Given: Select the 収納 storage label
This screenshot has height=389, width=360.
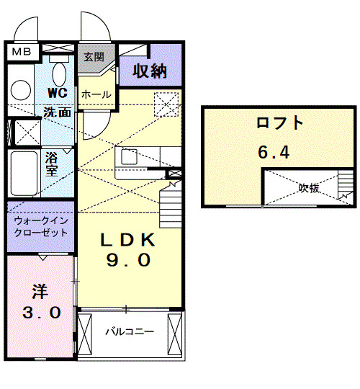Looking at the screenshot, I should [149, 71].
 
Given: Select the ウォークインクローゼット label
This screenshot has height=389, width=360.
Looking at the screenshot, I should [40, 226].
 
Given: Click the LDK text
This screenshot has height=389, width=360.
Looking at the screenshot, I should [128, 239].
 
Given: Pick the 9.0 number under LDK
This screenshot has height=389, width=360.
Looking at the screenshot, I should [128, 261].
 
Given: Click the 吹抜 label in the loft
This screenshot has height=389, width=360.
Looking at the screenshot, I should [310, 189].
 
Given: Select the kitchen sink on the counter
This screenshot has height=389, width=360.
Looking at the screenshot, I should [130, 156].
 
